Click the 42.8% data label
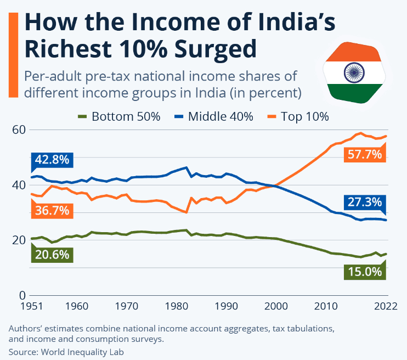click(52, 160)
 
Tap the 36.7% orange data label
click(52, 210)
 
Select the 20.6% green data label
click(52, 254)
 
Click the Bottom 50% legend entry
click(120, 116)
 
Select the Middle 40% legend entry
click(215, 116)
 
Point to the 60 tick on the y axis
click(20, 130)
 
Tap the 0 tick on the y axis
click(23, 295)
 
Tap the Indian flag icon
click(353, 71)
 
